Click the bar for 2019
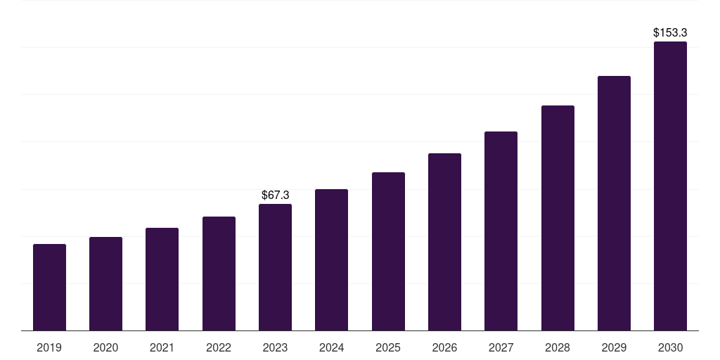49,288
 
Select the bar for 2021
162,279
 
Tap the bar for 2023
275,267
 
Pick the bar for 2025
388,252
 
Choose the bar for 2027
501,231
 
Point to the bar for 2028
558,218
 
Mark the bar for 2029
614,203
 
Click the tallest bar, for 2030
670,186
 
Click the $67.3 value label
275,195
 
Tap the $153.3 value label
670,32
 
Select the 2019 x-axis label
49,347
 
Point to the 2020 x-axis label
105,347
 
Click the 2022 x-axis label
219,347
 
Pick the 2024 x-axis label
331,347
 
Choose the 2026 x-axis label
444,347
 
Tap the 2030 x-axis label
670,347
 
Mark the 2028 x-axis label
558,347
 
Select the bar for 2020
105,284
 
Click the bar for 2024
331,260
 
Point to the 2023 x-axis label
275,347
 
